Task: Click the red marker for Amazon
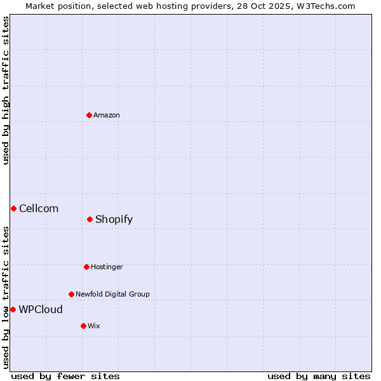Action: [x=89, y=115]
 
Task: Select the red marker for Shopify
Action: [x=90, y=219]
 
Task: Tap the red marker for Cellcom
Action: [x=13, y=208]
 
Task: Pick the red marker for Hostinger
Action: [x=86, y=267]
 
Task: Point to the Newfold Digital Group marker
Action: [x=71, y=294]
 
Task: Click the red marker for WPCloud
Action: [x=13, y=309]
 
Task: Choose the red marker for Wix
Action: [x=83, y=326]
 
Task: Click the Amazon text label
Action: [x=106, y=115]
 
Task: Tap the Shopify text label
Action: [x=114, y=219]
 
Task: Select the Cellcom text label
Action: [x=39, y=208]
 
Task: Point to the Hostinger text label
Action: [x=107, y=267]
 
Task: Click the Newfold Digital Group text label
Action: [x=112, y=294]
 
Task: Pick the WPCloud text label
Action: [x=41, y=309]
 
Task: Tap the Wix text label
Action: [x=93, y=326]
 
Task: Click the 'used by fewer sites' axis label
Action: [x=65, y=376]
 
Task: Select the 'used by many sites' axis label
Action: [x=319, y=376]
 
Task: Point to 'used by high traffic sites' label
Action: [x=6, y=90]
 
